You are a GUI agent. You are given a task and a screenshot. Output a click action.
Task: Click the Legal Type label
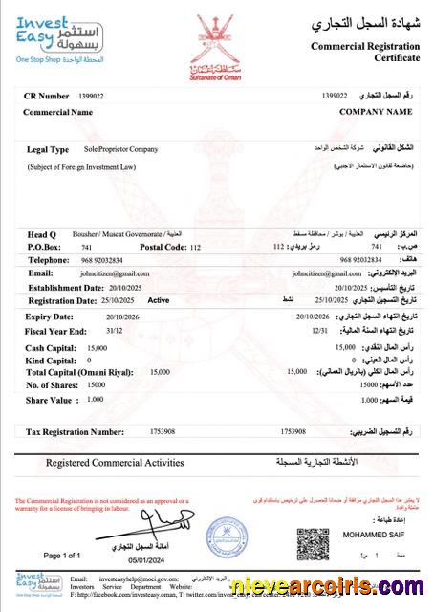(48, 150)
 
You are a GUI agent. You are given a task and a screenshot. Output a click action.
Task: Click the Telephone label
(49, 259)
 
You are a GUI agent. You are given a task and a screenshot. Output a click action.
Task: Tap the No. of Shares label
(54, 383)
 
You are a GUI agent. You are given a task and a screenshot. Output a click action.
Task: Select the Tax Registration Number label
(76, 431)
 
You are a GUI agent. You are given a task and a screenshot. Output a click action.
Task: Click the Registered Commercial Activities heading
(115, 463)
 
